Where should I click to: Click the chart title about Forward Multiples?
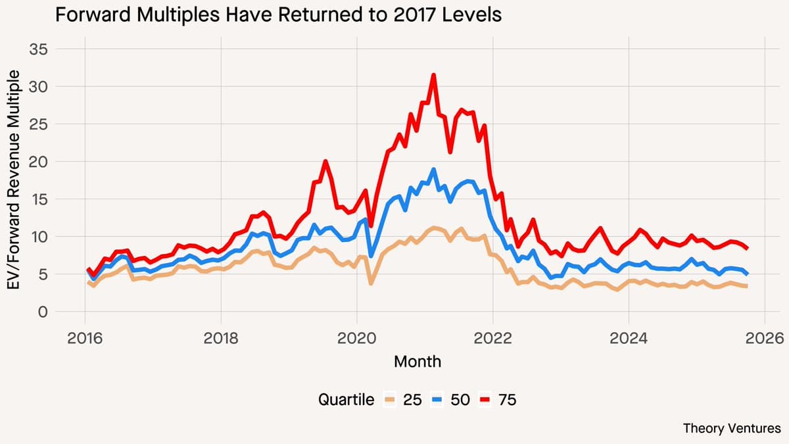[x=278, y=15]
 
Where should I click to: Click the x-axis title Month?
[x=418, y=361]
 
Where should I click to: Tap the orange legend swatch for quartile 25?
[x=390, y=399]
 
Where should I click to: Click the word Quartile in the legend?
[x=346, y=399]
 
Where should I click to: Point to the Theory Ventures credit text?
[x=732, y=428]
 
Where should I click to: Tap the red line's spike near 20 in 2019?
[x=325, y=161]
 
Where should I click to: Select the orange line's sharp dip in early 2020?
[x=371, y=283]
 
